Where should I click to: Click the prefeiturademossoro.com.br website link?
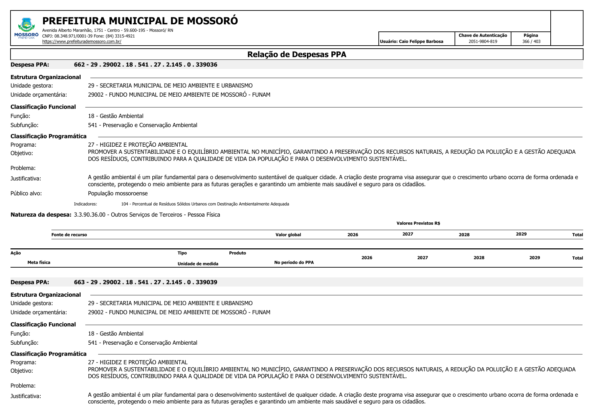[x=82, y=42]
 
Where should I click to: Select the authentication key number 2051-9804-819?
[x=483, y=42]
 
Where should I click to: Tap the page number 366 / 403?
[x=531, y=42]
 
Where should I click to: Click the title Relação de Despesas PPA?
[x=296, y=54]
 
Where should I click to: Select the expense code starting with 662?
[x=146, y=65]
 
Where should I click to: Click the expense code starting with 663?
[x=146, y=282]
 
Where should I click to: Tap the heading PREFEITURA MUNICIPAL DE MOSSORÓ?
[x=140, y=21]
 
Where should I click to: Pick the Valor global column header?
[x=288, y=235]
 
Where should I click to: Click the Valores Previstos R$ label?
[x=418, y=223]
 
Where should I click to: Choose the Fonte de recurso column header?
[x=69, y=235]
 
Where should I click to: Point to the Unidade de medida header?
[x=198, y=264]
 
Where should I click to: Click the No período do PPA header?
[x=294, y=263]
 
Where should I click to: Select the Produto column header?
[x=237, y=253]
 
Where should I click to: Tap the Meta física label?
[x=39, y=263]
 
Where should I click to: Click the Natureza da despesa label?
[x=41, y=215]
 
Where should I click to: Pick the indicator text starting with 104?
[x=205, y=204]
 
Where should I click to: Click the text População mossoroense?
[x=118, y=194]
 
